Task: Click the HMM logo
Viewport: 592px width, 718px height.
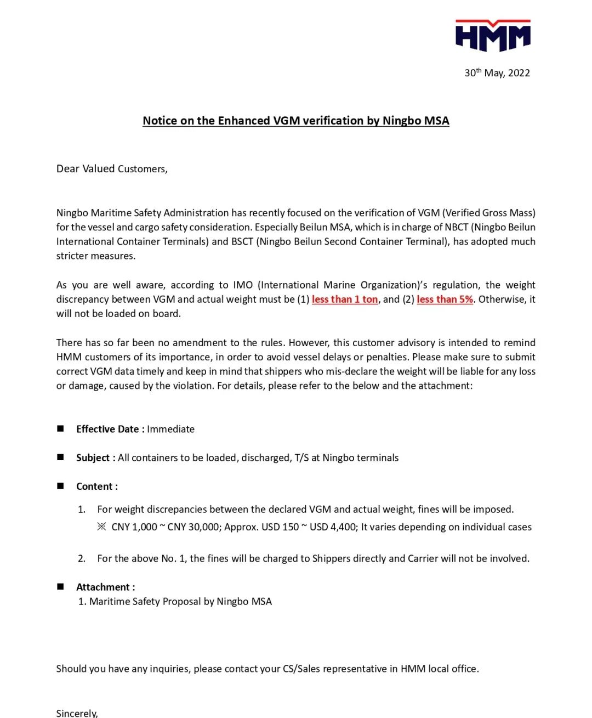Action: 493,36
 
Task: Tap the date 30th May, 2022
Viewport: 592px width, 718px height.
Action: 497,73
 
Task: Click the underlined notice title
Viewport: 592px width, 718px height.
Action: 296,121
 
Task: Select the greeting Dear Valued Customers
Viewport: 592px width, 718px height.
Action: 112,169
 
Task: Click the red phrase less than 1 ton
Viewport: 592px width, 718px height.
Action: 345,299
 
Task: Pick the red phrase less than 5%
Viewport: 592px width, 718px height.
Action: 445,299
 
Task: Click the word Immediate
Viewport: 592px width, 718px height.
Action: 170,429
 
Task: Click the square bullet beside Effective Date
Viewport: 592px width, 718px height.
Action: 60,428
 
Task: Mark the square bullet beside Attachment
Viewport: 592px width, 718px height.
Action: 60,586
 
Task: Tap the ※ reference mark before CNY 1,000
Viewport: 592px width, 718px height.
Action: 101,527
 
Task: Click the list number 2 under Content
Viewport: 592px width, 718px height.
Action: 82,558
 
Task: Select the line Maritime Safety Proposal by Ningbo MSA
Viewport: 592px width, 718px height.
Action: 180,602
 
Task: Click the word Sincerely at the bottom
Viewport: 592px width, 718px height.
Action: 77,713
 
